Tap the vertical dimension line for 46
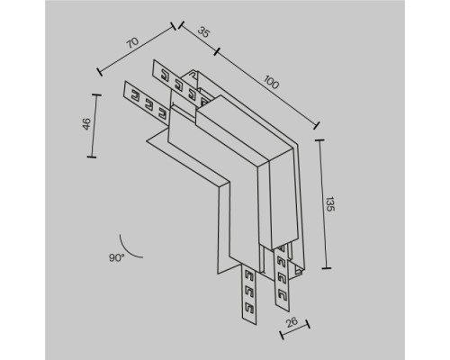(x=93, y=124)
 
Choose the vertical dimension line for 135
(x=322, y=205)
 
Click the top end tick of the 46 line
(x=93, y=92)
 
